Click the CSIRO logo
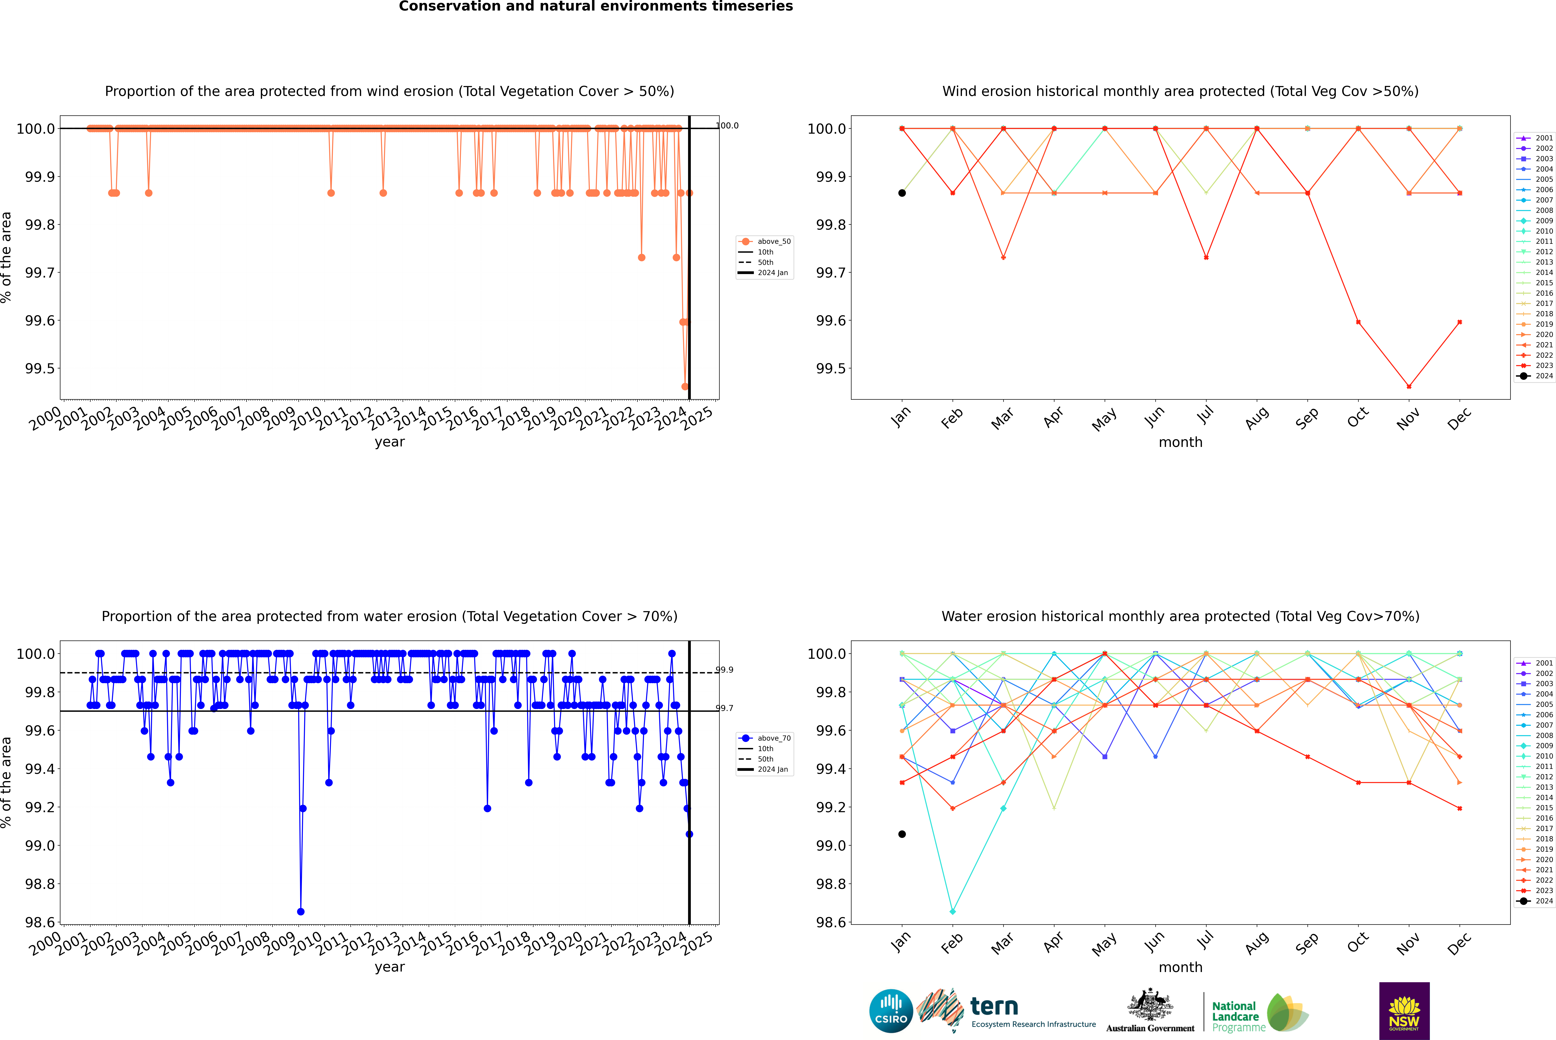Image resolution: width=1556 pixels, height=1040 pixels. (x=891, y=1011)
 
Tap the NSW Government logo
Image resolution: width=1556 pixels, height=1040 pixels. (x=1404, y=1011)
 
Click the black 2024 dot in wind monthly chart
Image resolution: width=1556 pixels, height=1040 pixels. (x=902, y=193)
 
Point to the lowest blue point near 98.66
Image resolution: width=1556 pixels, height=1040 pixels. (x=300, y=911)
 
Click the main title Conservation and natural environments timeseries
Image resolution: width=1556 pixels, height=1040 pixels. (x=596, y=7)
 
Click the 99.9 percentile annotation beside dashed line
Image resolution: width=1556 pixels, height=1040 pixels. (x=724, y=670)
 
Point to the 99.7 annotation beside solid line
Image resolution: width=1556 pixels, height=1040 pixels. (x=724, y=708)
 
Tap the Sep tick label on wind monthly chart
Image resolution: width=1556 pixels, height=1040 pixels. (x=1307, y=418)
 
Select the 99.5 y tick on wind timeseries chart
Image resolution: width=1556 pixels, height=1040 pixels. (x=40, y=369)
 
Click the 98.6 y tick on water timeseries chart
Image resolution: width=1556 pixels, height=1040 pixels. (x=40, y=923)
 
